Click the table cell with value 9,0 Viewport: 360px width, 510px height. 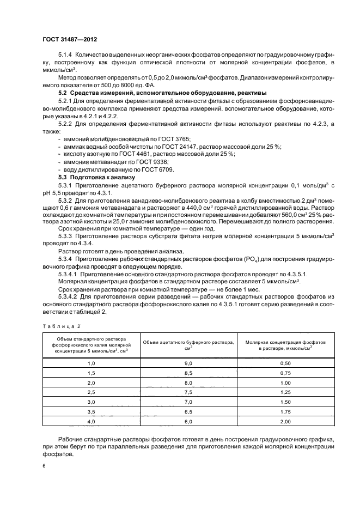pyautogui.click(x=188, y=363)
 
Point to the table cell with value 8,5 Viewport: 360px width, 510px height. pyautogui.click(x=188, y=373)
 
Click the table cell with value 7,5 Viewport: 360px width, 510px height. pyautogui.click(x=188, y=392)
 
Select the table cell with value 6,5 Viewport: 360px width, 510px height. pyautogui.click(x=188, y=412)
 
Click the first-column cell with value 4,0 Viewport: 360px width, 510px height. pyautogui.click(x=91, y=422)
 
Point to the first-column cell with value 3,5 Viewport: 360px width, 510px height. pyautogui.click(x=91, y=412)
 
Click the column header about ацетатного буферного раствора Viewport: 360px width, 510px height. pyautogui.click(x=188, y=344)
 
